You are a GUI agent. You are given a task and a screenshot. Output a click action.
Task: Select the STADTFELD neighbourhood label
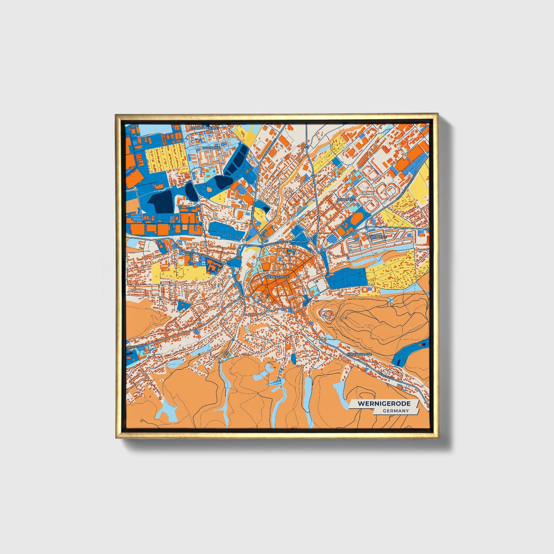(x=346, y=200)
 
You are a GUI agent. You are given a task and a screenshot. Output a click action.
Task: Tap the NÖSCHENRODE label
(x=359, y=354)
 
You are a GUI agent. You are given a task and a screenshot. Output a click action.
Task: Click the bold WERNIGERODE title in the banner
(x=384, y=404)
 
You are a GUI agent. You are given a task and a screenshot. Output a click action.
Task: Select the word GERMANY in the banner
(x=396, y=411)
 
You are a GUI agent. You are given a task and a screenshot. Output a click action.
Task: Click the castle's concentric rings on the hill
(x=327, y=315)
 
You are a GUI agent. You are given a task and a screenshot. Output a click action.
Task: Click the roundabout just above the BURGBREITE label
(x=367, y=227)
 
